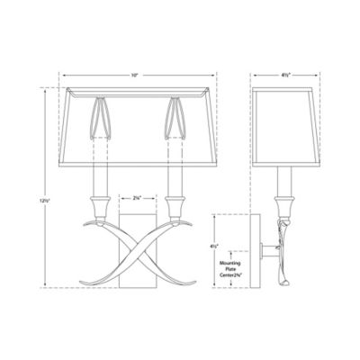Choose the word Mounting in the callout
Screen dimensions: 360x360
(232, 261)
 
